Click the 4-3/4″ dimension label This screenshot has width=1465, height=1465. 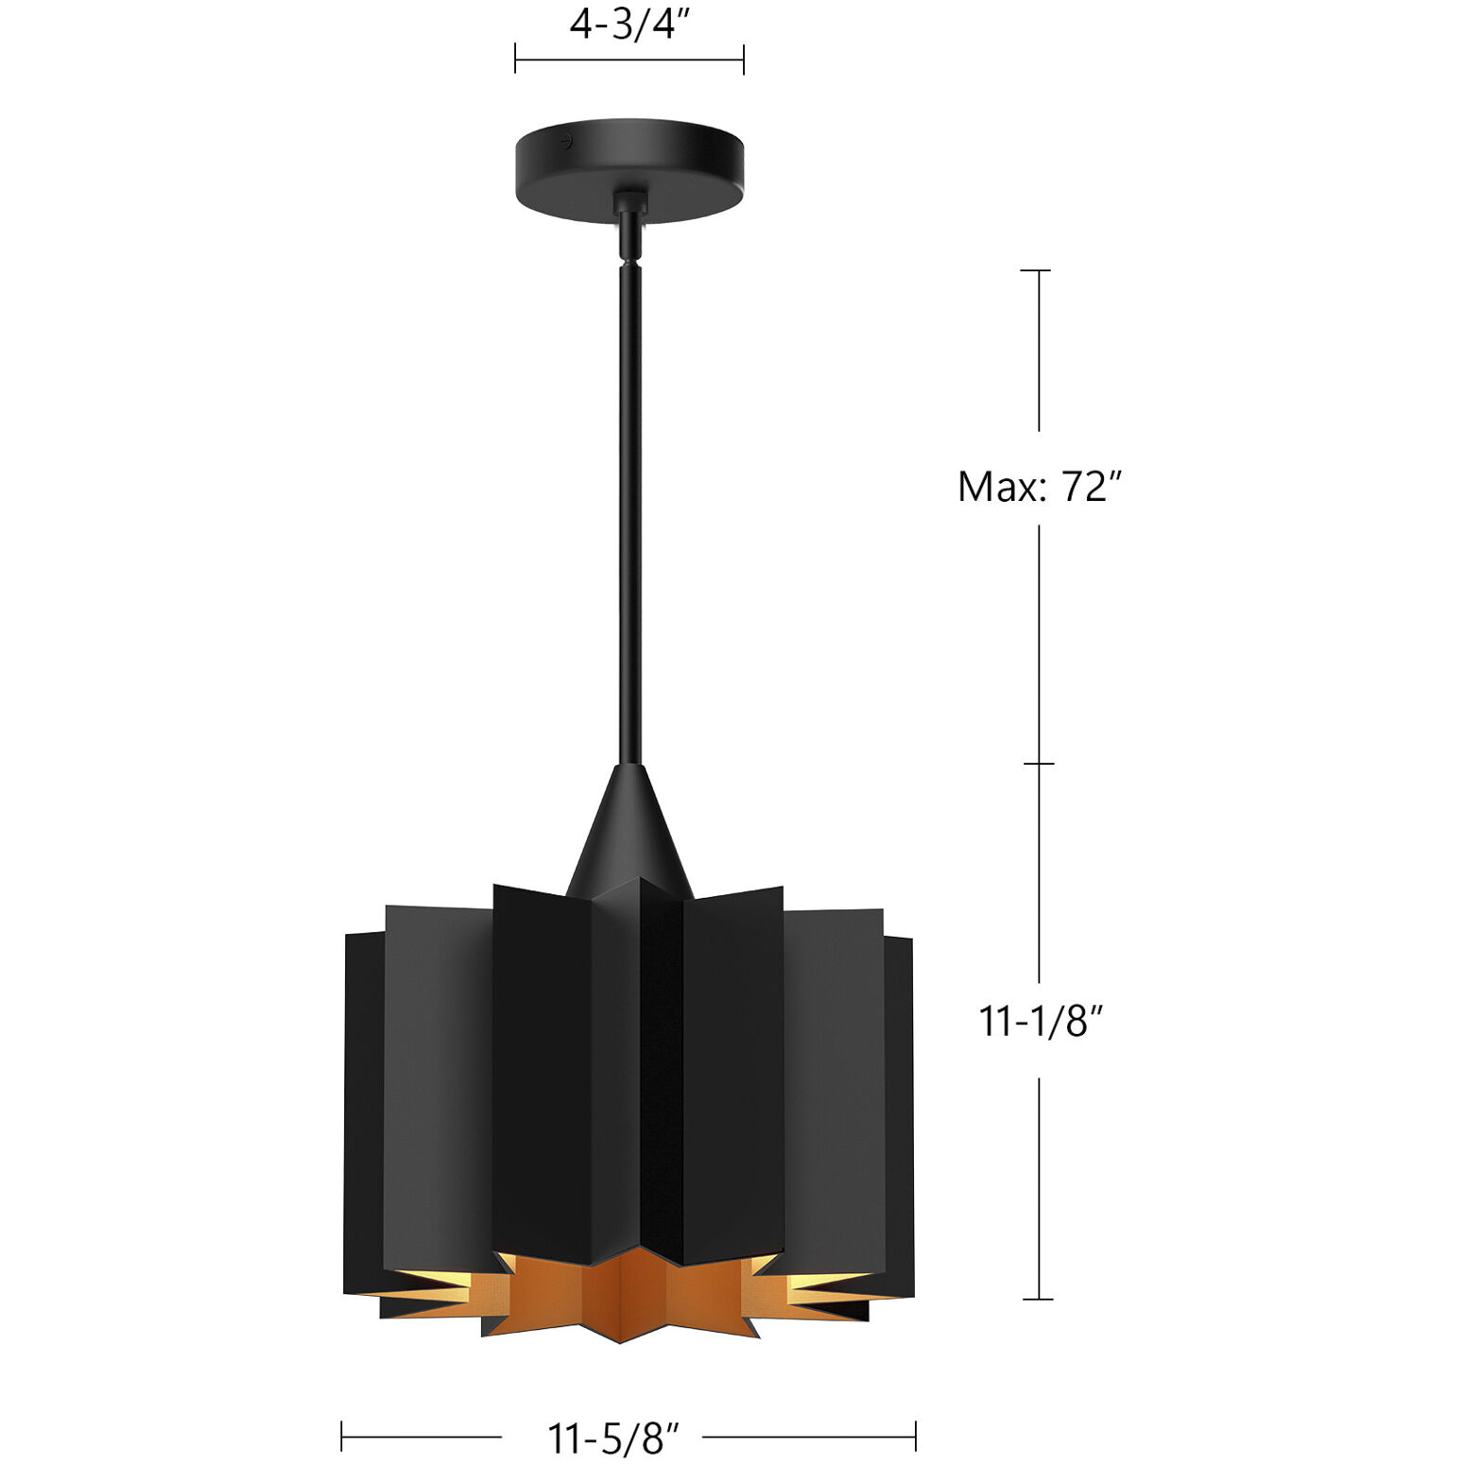pos(624,24)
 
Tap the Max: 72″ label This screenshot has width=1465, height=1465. pos(1039,487)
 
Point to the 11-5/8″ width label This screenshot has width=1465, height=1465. pos(613,1439)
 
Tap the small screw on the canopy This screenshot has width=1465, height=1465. pos(565,143)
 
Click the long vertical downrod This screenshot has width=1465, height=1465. pos(630,510)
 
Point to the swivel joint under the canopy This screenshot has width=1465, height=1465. pos(629,227)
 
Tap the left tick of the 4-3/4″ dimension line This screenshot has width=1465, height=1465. pos(515,59)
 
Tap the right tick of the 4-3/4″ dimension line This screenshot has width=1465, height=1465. pos(744,59)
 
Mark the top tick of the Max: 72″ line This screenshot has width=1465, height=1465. pos(1037,270)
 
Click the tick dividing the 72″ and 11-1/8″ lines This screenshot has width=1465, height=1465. pos(1039,763)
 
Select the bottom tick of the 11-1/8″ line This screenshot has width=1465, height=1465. pos(1038,1300)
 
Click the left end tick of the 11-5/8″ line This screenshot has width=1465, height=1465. pos(342,1437)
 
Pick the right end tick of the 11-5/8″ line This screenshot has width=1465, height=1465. pos(915,1437)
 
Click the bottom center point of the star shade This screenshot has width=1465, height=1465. pos(620,1340)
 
